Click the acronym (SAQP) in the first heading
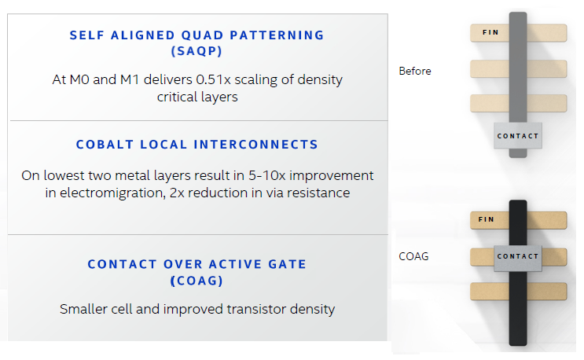pos(197,51)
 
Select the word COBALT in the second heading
pos(105,145)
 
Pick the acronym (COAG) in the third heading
pos(197,281)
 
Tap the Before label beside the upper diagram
pos(415,71)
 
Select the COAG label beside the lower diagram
pos(413,256)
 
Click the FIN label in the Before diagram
pos(490,32)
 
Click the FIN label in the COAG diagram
pos(486,219)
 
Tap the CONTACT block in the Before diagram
pos(518,136)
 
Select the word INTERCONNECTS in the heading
pos(255,145)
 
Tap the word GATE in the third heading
pos(287,264)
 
